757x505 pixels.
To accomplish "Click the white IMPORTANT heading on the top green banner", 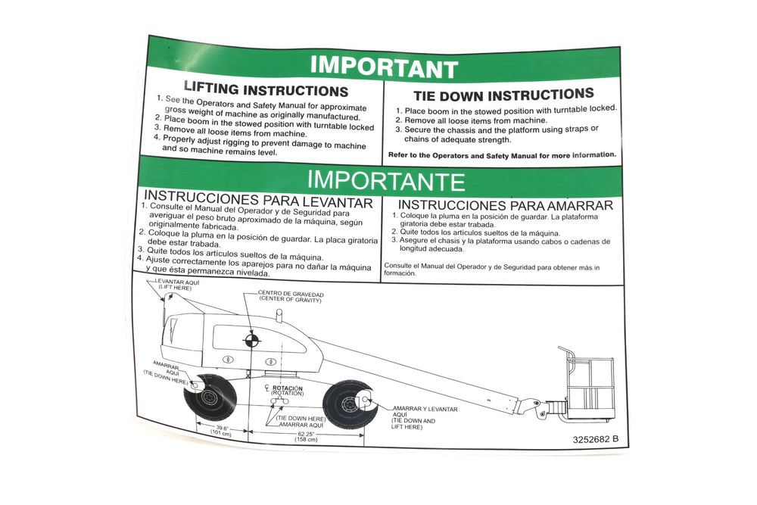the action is point(385,67).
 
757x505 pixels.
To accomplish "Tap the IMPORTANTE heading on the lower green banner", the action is point(386,180).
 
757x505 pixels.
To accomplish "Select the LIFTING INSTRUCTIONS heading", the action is point(266,89).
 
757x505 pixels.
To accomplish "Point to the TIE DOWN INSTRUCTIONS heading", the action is point(503,95).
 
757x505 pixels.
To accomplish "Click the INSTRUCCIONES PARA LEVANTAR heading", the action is point(258,199).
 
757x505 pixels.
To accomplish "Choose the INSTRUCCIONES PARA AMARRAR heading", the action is point(506,205).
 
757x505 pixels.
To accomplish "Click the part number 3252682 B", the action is point(595,439).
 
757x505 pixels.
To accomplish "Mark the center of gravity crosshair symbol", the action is point(251,341).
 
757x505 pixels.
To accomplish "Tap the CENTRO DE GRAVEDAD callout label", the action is point(291,297).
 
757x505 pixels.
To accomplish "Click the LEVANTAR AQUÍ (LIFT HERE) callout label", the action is point(176,285).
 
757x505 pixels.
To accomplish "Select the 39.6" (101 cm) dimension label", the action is point(222,431).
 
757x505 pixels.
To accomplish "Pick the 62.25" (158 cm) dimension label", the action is point(307,436).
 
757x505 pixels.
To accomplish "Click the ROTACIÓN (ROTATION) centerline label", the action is point(285,390).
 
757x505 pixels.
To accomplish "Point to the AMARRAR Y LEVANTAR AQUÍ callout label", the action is point(425,418).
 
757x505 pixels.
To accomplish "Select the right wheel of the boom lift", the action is point(350,404).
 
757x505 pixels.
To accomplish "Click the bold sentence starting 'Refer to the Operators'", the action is point(502,155).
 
